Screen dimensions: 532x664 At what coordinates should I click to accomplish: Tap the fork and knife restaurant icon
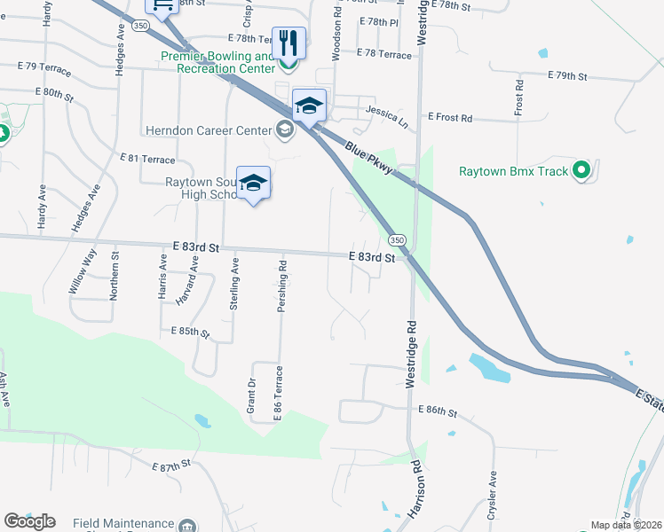click(289, 42)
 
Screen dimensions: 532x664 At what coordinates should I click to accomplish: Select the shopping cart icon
click(162, 7)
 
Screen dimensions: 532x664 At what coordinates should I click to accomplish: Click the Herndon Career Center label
click(209, 130)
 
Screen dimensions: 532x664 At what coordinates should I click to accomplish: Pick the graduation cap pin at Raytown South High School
click(254, 183)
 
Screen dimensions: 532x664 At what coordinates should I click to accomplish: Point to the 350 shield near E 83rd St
click(396, 240)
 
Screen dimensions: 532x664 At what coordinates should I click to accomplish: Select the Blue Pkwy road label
click(369, 162)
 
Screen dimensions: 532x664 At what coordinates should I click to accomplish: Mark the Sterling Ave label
click(234, 283)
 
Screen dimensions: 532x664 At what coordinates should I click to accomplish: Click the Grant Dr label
click(251, 395)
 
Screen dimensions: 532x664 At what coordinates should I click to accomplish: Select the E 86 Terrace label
click(278, 390)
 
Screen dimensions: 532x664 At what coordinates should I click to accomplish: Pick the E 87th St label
click(172, 465)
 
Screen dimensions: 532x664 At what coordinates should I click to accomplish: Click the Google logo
click(29, 521)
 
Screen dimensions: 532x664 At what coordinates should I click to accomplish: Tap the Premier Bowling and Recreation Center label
click(218, 62)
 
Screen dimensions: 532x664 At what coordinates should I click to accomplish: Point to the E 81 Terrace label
click(148, 159)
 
